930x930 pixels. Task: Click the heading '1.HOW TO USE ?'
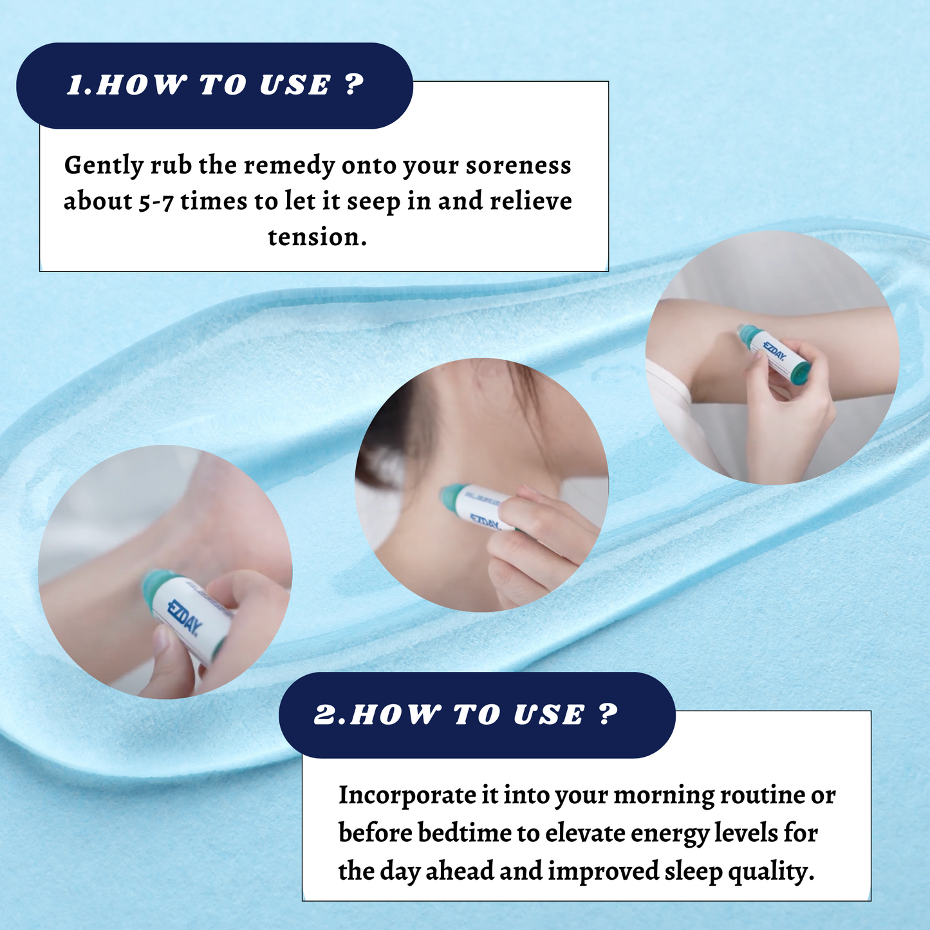[x=215, y=86]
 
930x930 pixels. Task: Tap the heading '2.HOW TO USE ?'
[x=466, y=715]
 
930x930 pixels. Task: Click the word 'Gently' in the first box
[x=104, y=166]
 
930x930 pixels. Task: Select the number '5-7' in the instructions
[x=156, y=202]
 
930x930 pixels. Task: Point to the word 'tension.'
[x=317, y=237]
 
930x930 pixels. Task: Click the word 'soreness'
[x=519, y=166]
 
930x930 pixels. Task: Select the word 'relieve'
[x=531, y=201]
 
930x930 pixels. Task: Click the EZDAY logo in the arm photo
[x=774, y=349]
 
